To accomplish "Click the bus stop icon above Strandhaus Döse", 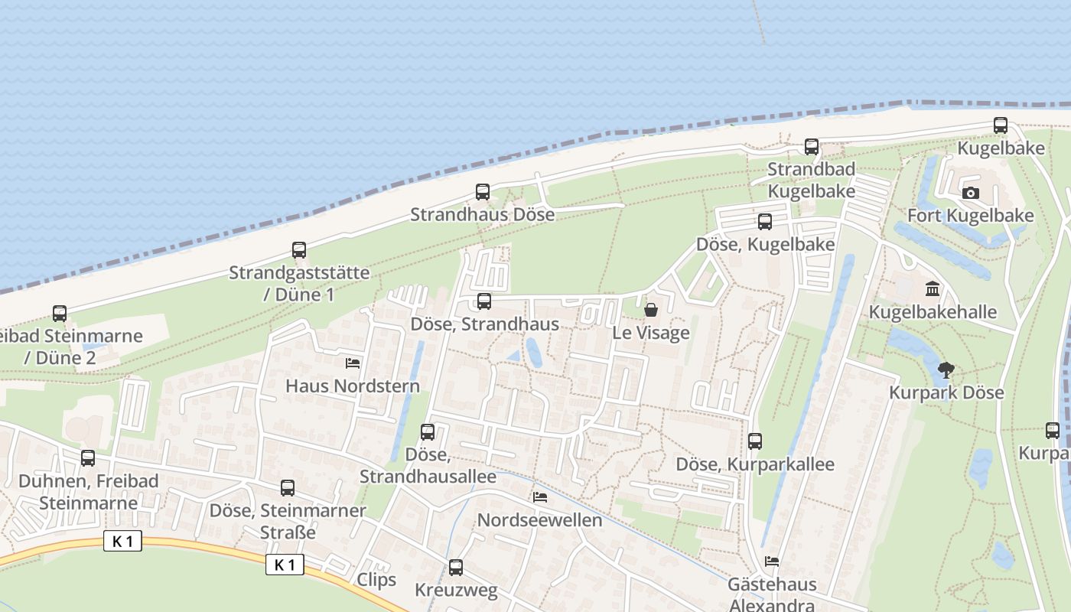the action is point(483,192).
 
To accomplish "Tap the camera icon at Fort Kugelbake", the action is point(971,193).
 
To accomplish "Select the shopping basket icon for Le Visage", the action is point(651,310).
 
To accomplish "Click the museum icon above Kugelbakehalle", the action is point(933,289).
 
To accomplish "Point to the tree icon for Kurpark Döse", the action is point(946,370).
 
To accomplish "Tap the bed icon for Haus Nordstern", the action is point(353,363).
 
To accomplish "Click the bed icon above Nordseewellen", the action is point(540,497).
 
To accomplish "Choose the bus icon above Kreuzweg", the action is point(456,568).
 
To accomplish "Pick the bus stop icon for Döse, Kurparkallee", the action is point(755,441).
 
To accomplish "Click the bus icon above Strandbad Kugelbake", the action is point(812,147).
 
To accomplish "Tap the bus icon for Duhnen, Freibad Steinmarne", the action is point(88,458).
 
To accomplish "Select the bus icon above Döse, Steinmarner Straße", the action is point(288,488).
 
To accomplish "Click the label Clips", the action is point(376,579).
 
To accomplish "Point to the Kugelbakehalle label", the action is point(933,312).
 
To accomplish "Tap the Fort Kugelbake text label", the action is point(970,216).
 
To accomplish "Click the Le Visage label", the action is point(651,333).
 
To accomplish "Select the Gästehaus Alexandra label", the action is point(772,594).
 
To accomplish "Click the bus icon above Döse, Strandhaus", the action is point(484,301).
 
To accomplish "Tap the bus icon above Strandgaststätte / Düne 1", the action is point(299,250).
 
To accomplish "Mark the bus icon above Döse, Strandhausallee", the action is point(428,432).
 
